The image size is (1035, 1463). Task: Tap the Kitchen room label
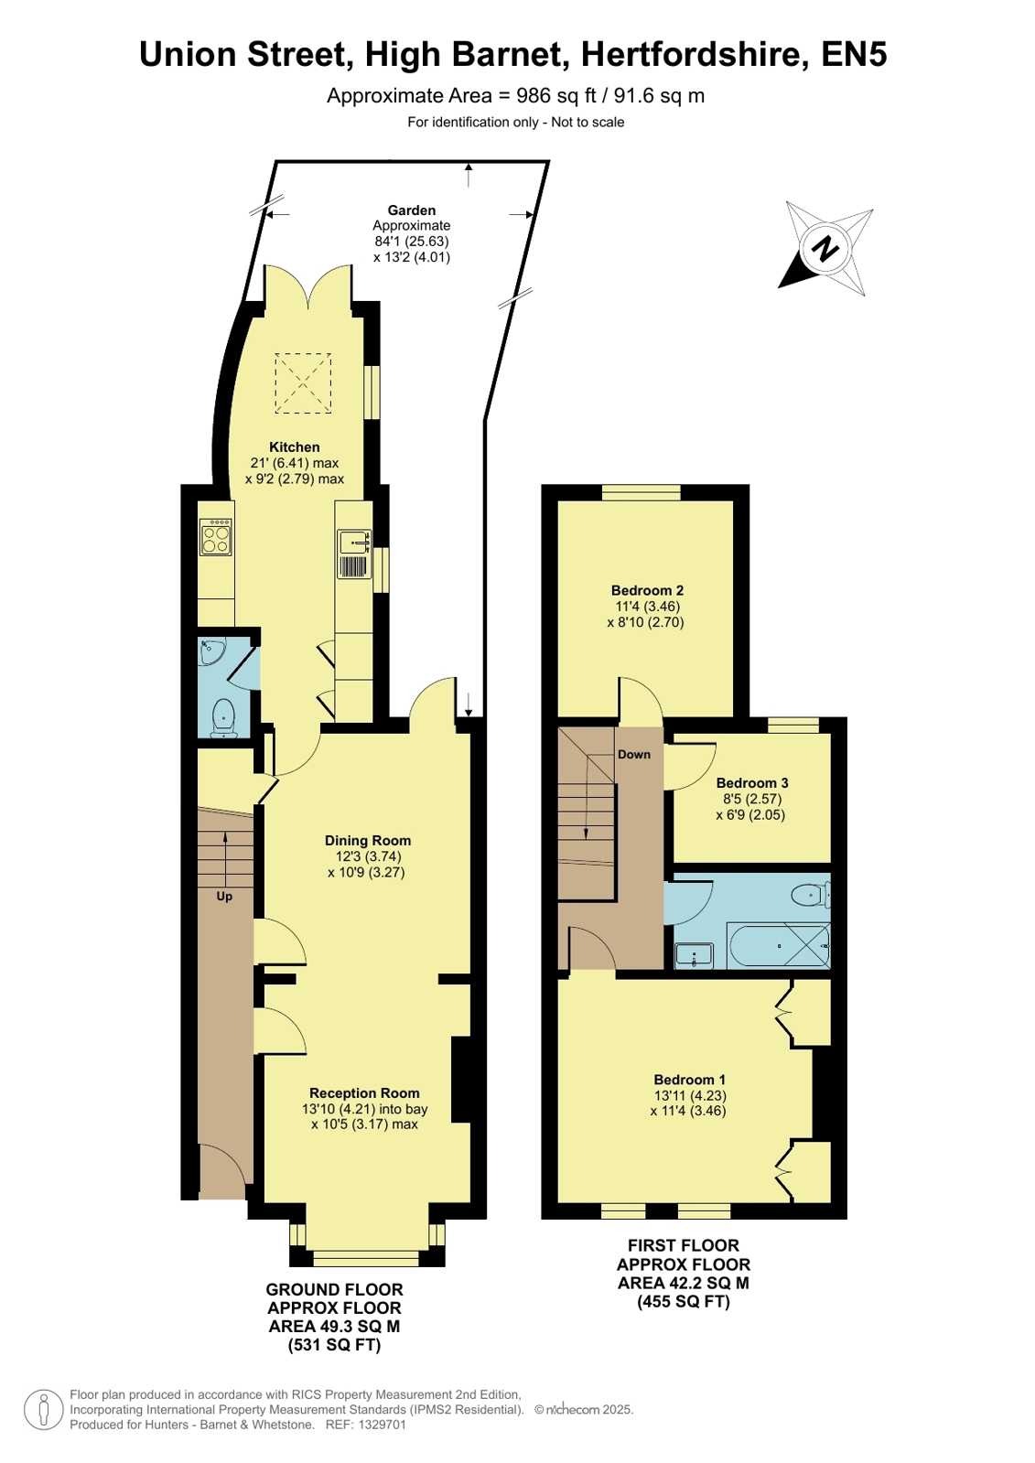(x=294, y=447)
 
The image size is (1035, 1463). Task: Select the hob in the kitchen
(x=216, y=537)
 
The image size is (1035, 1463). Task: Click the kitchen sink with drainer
(x=354, y=554)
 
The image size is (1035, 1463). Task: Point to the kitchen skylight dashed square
(x=303, y=383)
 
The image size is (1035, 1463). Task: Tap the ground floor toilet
(x=224, y=717)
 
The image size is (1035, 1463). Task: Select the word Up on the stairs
(x=224, y=897)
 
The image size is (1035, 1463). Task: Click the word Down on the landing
(x=634, y=754)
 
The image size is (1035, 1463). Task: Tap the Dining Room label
(x=368, y=841)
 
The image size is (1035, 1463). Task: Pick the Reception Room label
(x=364, y=1092)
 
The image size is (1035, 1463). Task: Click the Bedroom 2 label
(x=647, y=590)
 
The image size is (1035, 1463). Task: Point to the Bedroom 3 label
(x=752, y=783)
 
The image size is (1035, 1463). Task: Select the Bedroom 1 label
(x=689, y=1080)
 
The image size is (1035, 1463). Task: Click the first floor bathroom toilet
(x=810, y=894)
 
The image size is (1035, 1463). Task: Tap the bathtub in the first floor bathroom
(x=779, y=945)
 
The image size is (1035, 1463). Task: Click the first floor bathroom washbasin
(x=694, y=955)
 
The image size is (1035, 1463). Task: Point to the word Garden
(x=412, y=210)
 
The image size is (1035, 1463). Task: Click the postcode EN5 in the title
(x=854, y=54)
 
